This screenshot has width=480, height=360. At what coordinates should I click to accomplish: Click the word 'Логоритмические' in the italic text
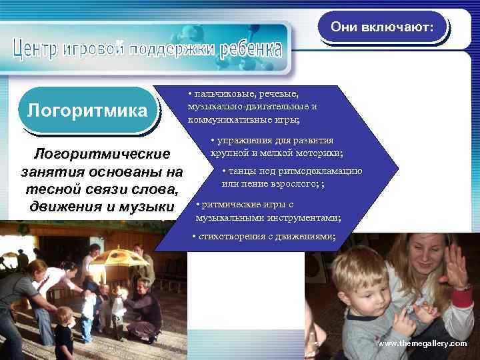coord(102,155)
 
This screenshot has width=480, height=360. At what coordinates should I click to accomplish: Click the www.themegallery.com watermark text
coord(423,343)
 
